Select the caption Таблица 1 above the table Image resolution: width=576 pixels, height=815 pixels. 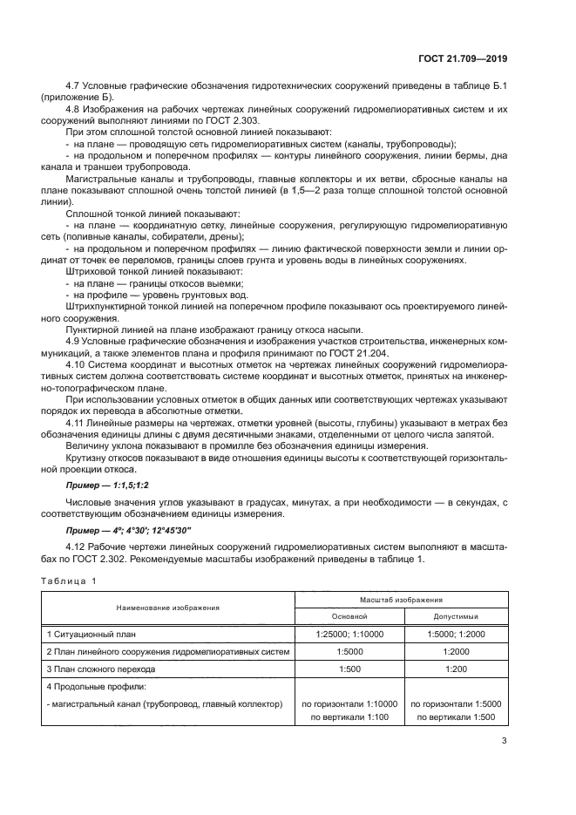click(x=67, y=581)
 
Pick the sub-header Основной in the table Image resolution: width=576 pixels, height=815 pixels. click(x=349, y=615)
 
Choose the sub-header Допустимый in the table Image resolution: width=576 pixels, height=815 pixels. click(x=456, y=615)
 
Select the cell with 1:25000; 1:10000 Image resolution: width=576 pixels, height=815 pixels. click(x=349, y=634)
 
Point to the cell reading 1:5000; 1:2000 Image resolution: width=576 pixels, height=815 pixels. click(x=456, y=634)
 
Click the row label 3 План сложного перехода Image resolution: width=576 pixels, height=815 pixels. click(x=101, y=669)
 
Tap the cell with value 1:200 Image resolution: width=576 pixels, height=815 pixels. click(x=456, y=669)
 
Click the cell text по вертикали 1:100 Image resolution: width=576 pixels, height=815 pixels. click(x=349, y=717)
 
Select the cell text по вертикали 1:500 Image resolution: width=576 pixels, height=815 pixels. click(x=456, y=717)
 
